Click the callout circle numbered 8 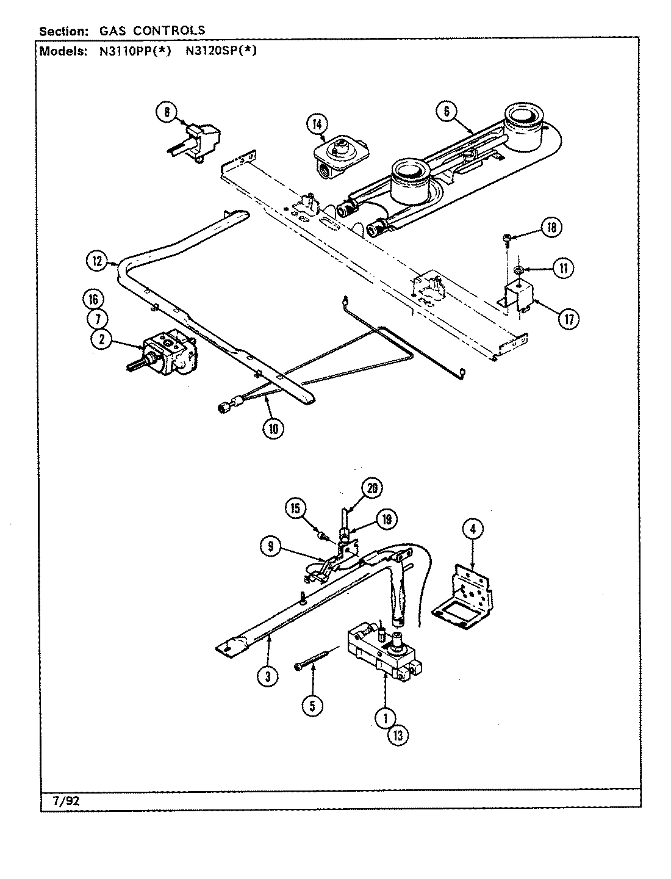point(165,112)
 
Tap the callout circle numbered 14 point(316,125)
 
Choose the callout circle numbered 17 point(567,318)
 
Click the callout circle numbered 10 point(273,429)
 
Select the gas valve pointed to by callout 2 point(168,352)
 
